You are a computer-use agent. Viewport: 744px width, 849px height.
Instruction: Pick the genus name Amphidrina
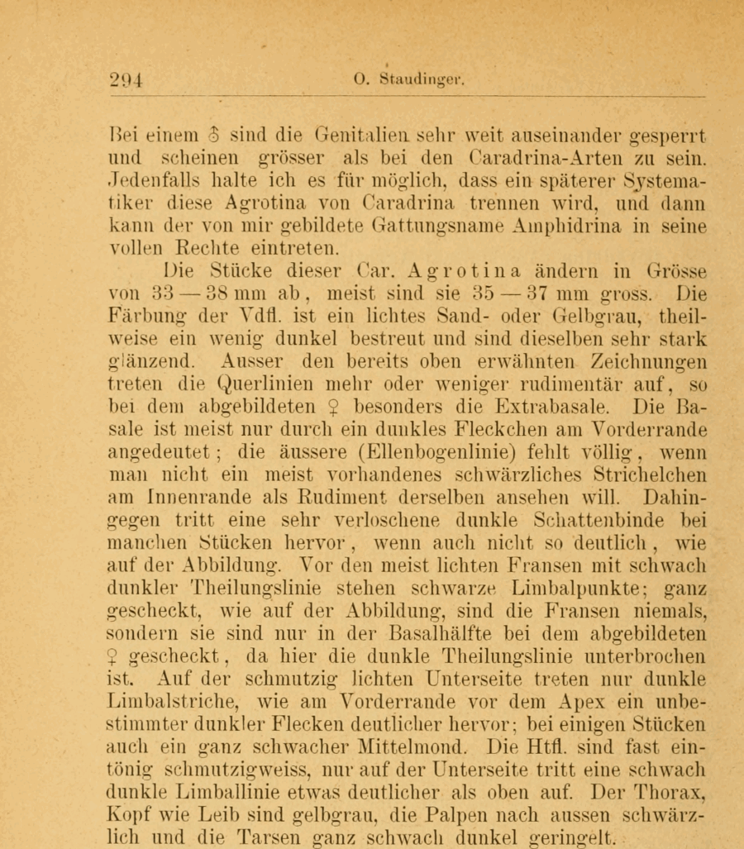[x=559, y=224]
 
